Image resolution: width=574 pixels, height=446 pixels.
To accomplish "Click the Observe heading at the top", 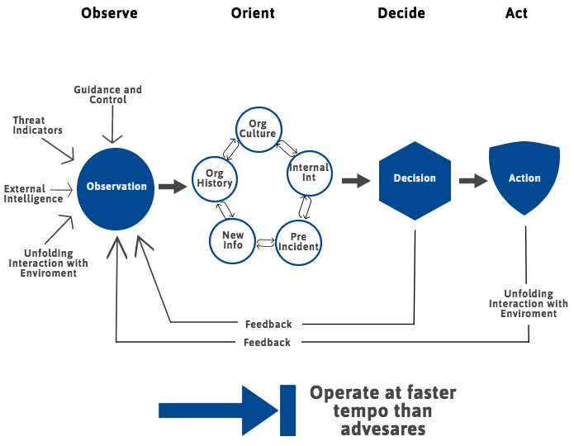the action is [109, 13].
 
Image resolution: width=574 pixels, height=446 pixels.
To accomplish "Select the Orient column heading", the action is [253, 13].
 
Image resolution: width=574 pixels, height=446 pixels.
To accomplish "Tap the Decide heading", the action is [401, 13].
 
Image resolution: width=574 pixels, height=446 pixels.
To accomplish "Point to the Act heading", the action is [516, 13].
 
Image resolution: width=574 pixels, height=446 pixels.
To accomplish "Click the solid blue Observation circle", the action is [116, 189].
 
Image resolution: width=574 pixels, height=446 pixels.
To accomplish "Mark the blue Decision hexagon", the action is [415, 181].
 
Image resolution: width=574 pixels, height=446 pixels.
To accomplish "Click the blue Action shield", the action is [524, 178].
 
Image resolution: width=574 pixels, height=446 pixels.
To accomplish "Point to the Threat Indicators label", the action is [37, 126].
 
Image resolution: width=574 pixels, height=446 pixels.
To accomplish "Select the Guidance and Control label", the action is [107, 94].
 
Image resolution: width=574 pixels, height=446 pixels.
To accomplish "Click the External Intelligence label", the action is [33, 194].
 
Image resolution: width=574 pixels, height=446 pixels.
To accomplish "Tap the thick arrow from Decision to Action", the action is [473, 181].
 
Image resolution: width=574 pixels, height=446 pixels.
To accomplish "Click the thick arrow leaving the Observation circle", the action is [173, 187].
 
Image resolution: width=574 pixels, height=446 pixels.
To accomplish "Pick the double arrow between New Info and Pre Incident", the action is [265, 243].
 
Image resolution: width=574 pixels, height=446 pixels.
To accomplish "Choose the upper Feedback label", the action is [268, 324].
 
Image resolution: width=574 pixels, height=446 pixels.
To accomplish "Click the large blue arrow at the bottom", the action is [227, 410].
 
